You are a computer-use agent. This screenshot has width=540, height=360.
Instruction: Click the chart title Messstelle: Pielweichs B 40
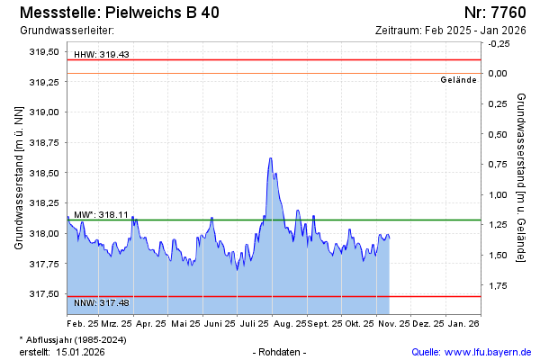click(x=118, y=13)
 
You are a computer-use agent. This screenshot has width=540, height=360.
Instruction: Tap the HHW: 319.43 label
click(x=102, y=54)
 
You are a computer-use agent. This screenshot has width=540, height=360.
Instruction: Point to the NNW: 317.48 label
click(x=102, y=302)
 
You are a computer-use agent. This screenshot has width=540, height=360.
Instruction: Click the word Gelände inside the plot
click(x=458, y=79)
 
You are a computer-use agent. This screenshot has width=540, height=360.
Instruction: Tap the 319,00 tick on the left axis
click(x=44, y=112)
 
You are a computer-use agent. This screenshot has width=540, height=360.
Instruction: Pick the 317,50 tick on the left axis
click(x=44, y=294)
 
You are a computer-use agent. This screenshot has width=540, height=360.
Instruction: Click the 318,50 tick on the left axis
click(x=44, y=173)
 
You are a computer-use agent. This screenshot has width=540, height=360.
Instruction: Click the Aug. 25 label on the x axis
click(x=290, y=322)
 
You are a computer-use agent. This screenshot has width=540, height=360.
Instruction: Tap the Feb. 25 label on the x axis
click(x=83, y=322)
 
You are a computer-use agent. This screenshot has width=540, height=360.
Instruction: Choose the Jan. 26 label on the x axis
click(x=463, y=322)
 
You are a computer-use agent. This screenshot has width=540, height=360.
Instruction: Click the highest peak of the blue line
click(x=270, y=158)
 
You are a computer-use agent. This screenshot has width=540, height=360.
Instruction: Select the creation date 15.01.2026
click(x=80, y=352)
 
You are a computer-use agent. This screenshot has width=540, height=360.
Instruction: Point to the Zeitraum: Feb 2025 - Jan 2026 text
click(x=450, y=31)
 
